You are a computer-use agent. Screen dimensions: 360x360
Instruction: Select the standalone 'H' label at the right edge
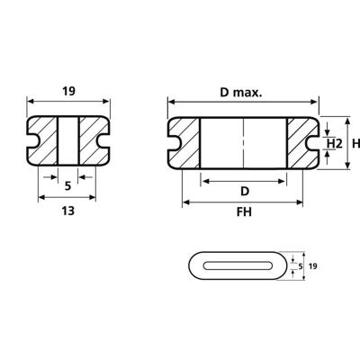(x=355, y=143)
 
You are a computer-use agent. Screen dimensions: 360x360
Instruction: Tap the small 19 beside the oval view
(x=313, y=266)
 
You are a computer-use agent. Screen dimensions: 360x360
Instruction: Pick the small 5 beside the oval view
(x=301, y=266)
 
